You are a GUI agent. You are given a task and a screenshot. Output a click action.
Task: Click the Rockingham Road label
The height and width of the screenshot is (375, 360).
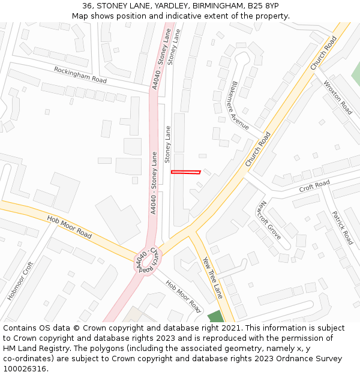(80, 75)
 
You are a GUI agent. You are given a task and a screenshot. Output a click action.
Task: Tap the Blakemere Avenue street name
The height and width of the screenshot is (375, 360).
(239, 106)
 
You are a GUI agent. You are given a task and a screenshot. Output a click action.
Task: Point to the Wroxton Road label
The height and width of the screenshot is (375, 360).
(338, 98)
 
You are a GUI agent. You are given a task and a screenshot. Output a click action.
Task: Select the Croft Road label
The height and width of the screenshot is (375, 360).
(314, 186)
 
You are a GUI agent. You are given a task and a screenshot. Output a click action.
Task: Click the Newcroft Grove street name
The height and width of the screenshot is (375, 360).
(268, 220)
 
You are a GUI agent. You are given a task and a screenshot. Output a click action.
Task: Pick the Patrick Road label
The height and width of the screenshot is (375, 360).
(343, 228)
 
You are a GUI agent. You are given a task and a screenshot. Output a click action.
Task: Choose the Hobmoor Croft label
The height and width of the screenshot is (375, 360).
(20, 281)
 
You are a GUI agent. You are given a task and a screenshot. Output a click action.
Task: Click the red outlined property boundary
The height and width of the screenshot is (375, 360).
(185, 173)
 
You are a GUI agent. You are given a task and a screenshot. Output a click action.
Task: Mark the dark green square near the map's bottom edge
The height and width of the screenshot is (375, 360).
(215, 317)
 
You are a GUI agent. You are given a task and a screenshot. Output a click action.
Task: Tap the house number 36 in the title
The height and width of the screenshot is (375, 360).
(88, 6)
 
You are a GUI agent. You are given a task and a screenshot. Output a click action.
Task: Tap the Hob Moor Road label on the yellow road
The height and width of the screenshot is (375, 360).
(69, 227)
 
